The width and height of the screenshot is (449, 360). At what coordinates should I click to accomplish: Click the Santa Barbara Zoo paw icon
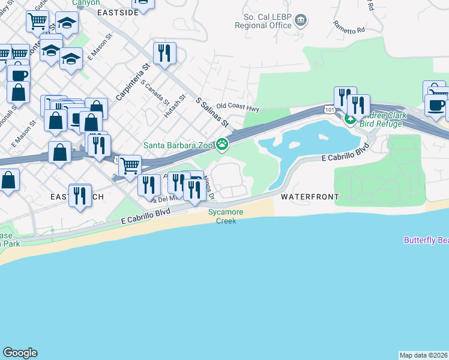[x=223, y=144]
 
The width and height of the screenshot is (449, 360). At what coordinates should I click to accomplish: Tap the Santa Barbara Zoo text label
[x=179, y=145]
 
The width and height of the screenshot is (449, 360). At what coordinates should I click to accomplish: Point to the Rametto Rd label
[x=349, y=28]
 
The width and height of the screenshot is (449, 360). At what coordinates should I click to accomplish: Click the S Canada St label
[x=155, y=92]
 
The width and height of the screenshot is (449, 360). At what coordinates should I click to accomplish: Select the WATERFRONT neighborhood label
[x=309, y=197]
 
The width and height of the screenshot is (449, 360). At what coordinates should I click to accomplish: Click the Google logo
[x=20, y=353]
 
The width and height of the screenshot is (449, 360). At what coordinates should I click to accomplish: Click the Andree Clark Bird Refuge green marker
[x=351, y=119]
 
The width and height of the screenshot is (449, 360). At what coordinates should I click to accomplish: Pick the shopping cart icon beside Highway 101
[x=130, y=166]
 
